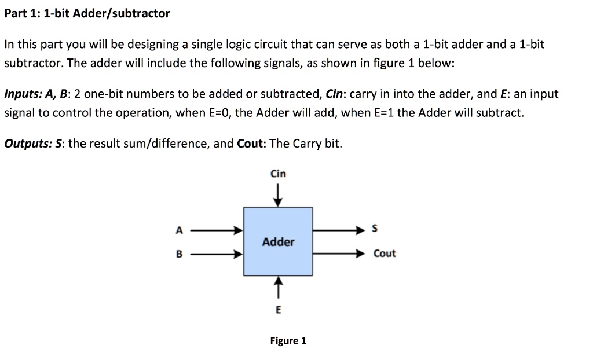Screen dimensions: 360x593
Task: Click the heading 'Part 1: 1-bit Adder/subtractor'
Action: [87, 13]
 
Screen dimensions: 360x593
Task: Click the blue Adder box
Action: [278, 241]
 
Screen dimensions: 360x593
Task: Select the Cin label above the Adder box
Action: [278, 174]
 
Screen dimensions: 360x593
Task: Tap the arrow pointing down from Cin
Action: [278, 194]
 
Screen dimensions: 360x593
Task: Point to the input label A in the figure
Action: [179, 230]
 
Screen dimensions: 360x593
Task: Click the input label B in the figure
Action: [179, 254]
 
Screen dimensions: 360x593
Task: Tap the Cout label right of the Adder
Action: [385, 254]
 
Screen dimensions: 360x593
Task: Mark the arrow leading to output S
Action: [339, 230]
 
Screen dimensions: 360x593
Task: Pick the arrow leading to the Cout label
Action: [339, 254]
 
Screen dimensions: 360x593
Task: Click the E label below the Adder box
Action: [278, 310]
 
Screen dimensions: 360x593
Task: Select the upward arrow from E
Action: [278, 288]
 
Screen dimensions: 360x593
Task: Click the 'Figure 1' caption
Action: [288, 341]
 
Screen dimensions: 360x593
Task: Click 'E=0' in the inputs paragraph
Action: [218, 113]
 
